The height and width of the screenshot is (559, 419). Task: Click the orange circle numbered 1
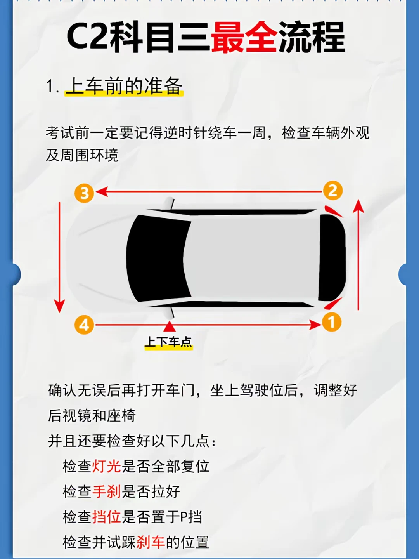point(332,322)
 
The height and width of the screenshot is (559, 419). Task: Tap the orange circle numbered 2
point(333,191)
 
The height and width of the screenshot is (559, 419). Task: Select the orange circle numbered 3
point(84,193)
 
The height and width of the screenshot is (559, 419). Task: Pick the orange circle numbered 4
point(84,325)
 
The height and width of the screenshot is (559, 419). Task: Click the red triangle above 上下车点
point(169,326)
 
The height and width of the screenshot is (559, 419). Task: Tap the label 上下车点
point(169,342)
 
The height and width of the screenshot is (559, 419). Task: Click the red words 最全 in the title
point(244,37)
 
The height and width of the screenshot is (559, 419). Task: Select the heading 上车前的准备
point(124,86)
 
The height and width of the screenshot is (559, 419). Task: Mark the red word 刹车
point(151,542)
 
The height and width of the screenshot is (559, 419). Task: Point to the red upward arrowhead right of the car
point(358,207)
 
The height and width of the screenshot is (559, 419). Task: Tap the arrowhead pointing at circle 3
point(102,191)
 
